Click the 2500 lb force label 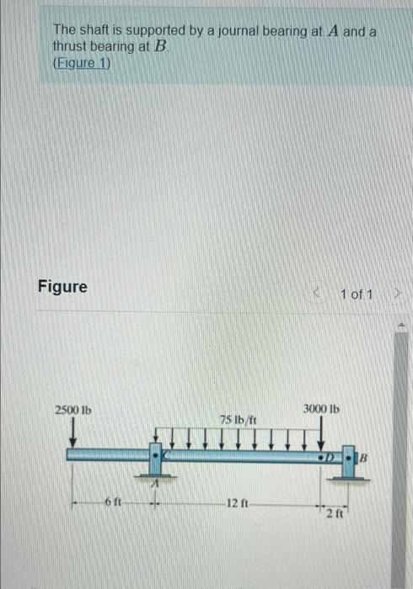tap(73, 410)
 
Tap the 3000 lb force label tap(321, 408)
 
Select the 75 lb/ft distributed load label tap(238, 419)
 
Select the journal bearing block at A tap(155, 459)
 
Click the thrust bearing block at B tap(349, 461)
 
